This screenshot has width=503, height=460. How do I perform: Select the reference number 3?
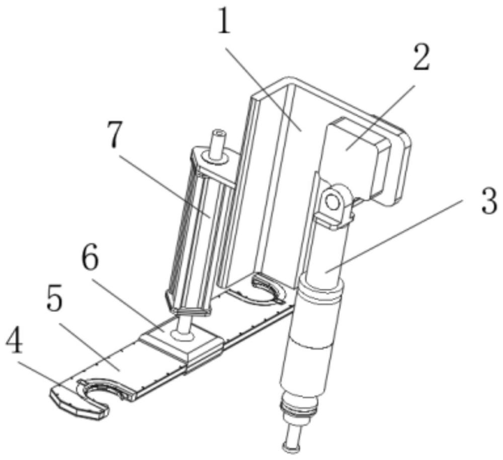click(489, 202)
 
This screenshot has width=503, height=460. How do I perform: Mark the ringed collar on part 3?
click(321, 290)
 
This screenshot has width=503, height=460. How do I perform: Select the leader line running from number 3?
click(394, 236)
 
